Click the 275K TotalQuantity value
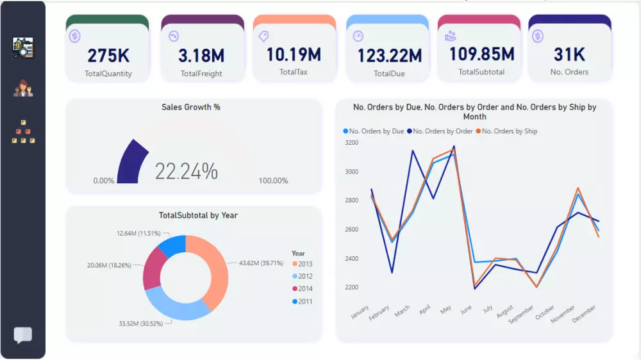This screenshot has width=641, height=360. (108, 56)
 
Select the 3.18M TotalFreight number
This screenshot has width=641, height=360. (201, 56)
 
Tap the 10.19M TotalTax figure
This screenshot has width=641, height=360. (294, 54)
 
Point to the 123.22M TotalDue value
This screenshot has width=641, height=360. (389, 56)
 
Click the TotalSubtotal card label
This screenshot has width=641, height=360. (481, 72)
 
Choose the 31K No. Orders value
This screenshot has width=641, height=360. (569, 54)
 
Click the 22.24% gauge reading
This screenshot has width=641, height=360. (187, 171)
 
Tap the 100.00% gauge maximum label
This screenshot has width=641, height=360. (273, 181)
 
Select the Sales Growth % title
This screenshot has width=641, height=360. (191, 107)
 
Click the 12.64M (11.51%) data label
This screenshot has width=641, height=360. (137, 233)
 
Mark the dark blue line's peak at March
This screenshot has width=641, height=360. (412, 151)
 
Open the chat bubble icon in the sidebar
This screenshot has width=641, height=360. (23, 335)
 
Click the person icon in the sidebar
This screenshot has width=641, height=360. (23, 88)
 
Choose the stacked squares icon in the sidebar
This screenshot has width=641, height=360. (23, 132)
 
